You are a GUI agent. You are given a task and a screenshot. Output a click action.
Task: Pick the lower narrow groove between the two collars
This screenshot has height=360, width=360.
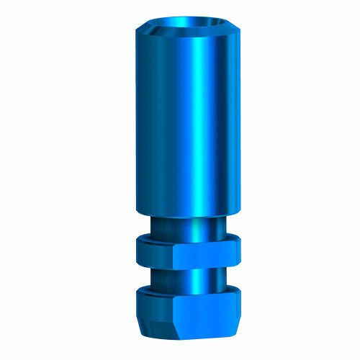pyautogui.click(x=180, y=277)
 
